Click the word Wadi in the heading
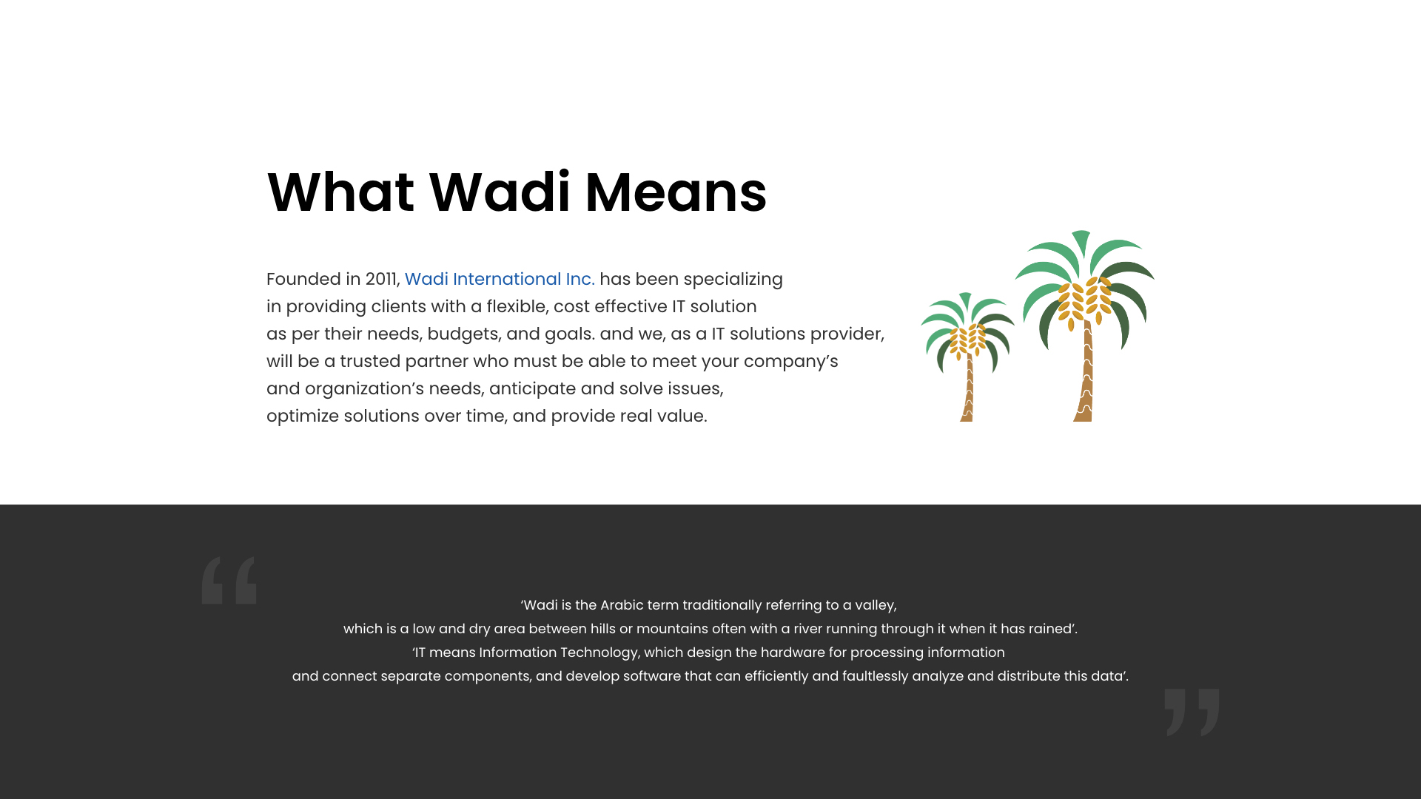500,192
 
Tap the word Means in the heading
676,192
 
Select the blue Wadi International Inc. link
500,279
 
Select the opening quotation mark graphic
229,581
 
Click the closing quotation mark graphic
1192,712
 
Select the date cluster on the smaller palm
967,341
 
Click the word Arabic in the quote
622,605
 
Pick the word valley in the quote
875,606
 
